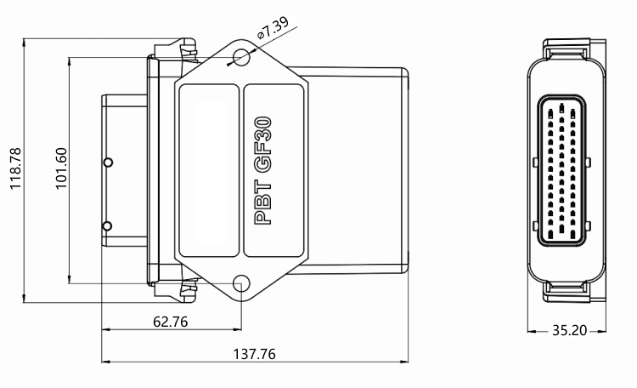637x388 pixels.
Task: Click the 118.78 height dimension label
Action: click(15, 168)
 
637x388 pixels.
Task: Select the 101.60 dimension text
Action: click(61, 168)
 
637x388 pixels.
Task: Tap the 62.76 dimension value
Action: click(171, 322)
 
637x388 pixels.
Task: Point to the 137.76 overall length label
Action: click(254, 354)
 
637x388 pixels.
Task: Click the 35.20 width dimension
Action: click(570, 330)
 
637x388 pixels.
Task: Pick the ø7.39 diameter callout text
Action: click(273, 27)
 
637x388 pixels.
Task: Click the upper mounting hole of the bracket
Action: click(242, 57)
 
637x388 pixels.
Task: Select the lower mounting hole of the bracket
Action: click(242, 283)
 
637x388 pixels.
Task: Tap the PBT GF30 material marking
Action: click(262, 170)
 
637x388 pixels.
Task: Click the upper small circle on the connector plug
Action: click(108, 163)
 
